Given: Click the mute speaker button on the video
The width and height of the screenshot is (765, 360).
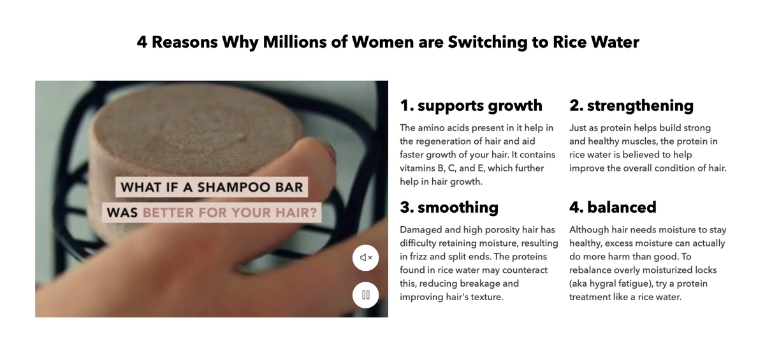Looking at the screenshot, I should click(x=366, y=257).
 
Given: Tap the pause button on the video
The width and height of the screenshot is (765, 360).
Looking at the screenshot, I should click(x=366, y=295).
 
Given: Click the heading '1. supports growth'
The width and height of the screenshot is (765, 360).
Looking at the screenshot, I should click(x=470, y=105).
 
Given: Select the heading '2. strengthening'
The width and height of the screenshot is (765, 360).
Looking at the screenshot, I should click(x=631, y=105).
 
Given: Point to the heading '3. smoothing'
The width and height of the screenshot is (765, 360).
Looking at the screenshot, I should click(x=449, y=207).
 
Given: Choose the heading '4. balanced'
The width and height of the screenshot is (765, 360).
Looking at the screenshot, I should click(x=613, y=207).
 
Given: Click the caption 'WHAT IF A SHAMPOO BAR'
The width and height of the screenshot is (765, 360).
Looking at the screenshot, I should click(x=212, y=187).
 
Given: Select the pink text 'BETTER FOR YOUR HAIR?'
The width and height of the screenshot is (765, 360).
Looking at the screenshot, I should click(x=229, y=213).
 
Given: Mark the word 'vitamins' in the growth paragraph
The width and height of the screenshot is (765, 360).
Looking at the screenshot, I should click(x=418, y=168).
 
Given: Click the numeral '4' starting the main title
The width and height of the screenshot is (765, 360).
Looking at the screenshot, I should click(x=142, y=42).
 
